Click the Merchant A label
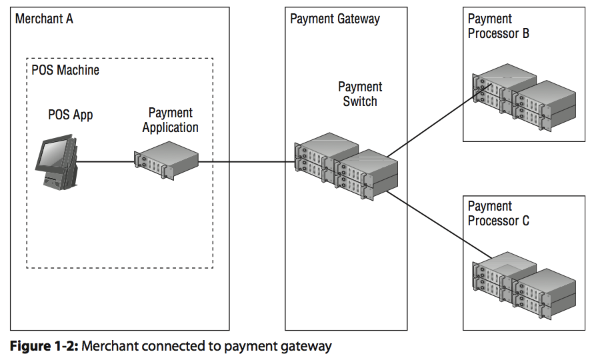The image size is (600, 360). click(x=44, y=19)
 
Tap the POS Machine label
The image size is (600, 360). click(x=65, y=69)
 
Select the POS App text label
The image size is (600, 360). click(x=70, y=115)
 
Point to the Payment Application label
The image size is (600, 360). click(x=170, y=120)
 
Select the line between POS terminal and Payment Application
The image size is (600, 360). click(x=107, y=161)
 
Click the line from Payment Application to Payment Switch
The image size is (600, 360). click(x=247, y=161)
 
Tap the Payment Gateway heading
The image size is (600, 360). click(x=335, y=19)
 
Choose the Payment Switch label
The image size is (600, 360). click(x=360, y=94)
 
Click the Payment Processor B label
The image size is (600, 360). click(x=498, y=26)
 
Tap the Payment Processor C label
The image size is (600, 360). click(x=498, y=213)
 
